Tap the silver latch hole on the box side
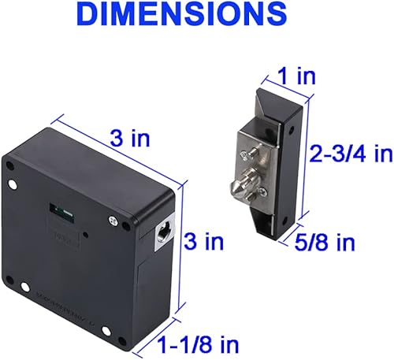(x=165, y=232)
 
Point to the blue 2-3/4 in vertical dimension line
(x=307, y=158)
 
